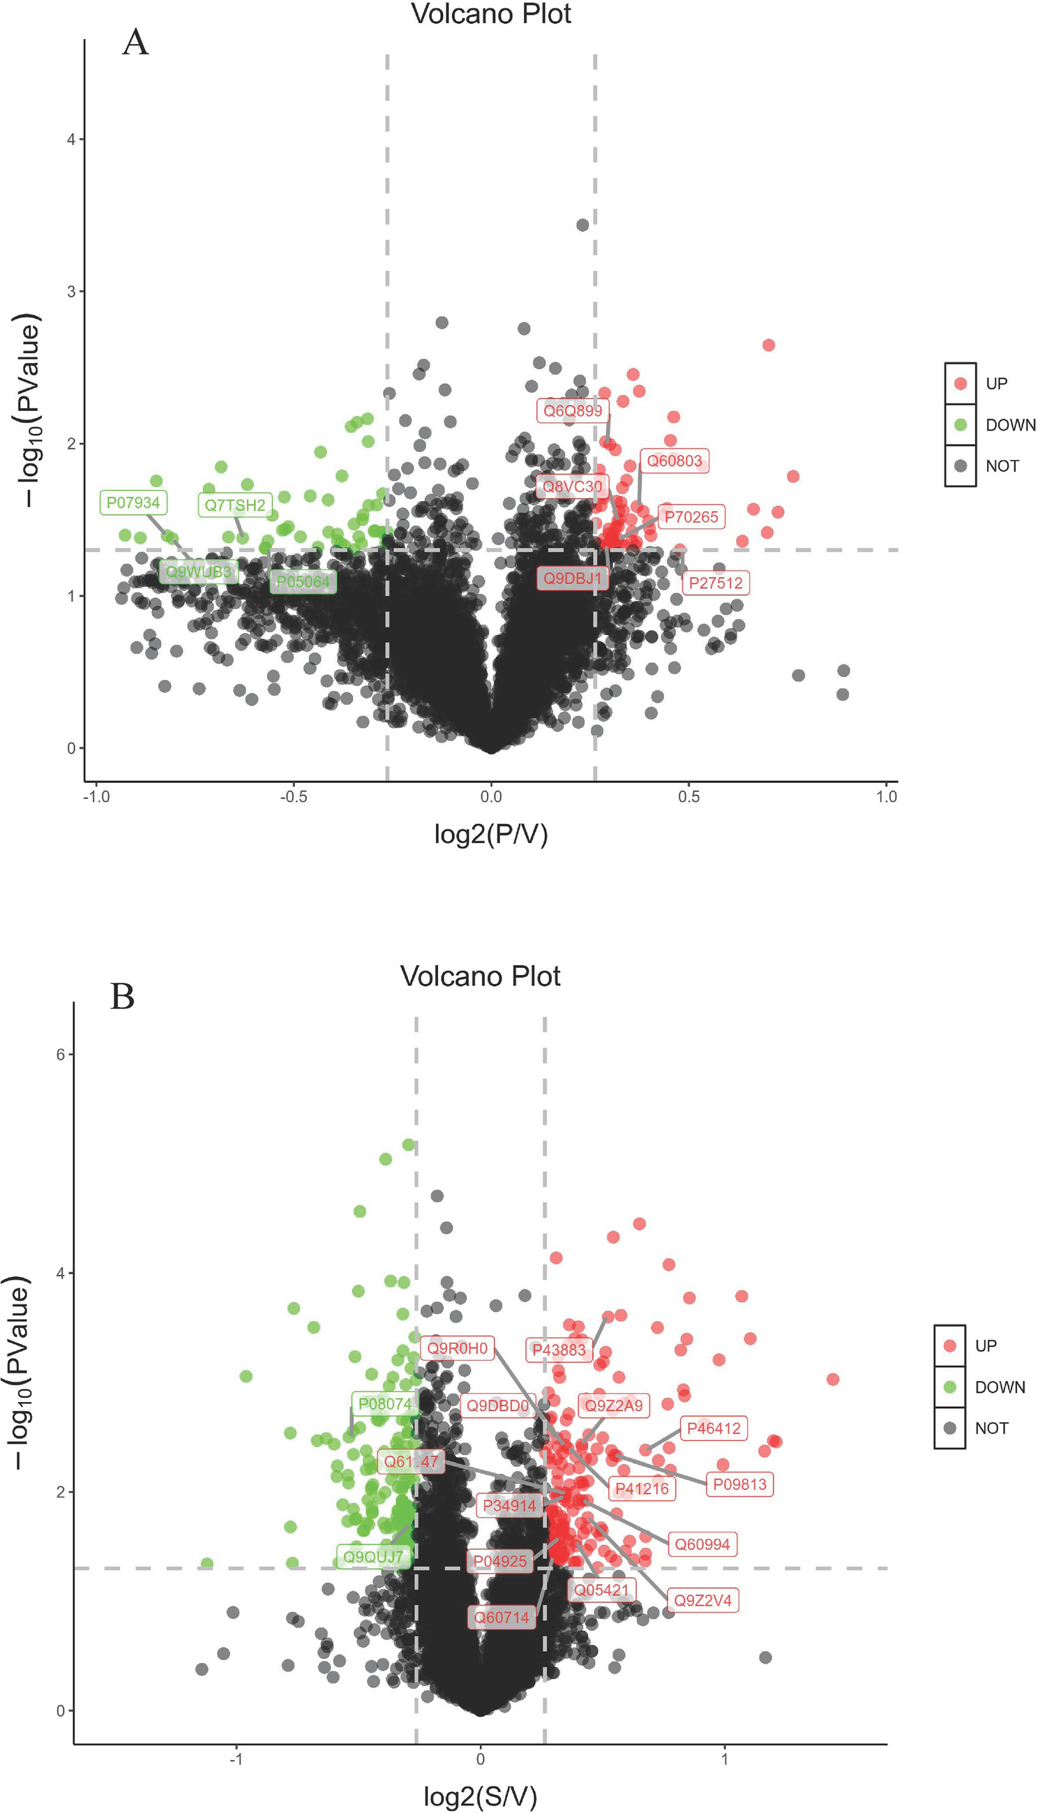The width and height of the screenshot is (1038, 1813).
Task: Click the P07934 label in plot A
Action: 133,502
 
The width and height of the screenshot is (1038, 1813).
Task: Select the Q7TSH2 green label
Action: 234,505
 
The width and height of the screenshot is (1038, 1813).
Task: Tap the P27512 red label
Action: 715,583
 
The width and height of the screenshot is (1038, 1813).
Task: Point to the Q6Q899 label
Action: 573,410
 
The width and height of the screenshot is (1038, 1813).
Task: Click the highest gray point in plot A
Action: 582,225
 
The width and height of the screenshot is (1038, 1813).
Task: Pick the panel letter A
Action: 135,43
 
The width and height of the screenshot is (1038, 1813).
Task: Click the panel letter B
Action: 123,996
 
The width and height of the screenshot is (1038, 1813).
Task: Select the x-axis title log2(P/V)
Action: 490,833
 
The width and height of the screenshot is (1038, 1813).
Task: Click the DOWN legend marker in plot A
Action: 961,425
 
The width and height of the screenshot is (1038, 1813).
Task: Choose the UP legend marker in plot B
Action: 949,1345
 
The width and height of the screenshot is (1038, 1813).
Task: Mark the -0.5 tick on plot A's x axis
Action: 293,796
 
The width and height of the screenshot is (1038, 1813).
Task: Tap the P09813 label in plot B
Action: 739,1484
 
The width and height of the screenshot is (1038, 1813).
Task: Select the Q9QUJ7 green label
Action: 374,1557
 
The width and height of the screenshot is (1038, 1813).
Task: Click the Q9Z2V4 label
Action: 703,1601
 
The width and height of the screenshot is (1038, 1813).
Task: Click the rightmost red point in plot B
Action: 833,1380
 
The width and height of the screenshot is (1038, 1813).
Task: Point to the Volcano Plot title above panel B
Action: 480,976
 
